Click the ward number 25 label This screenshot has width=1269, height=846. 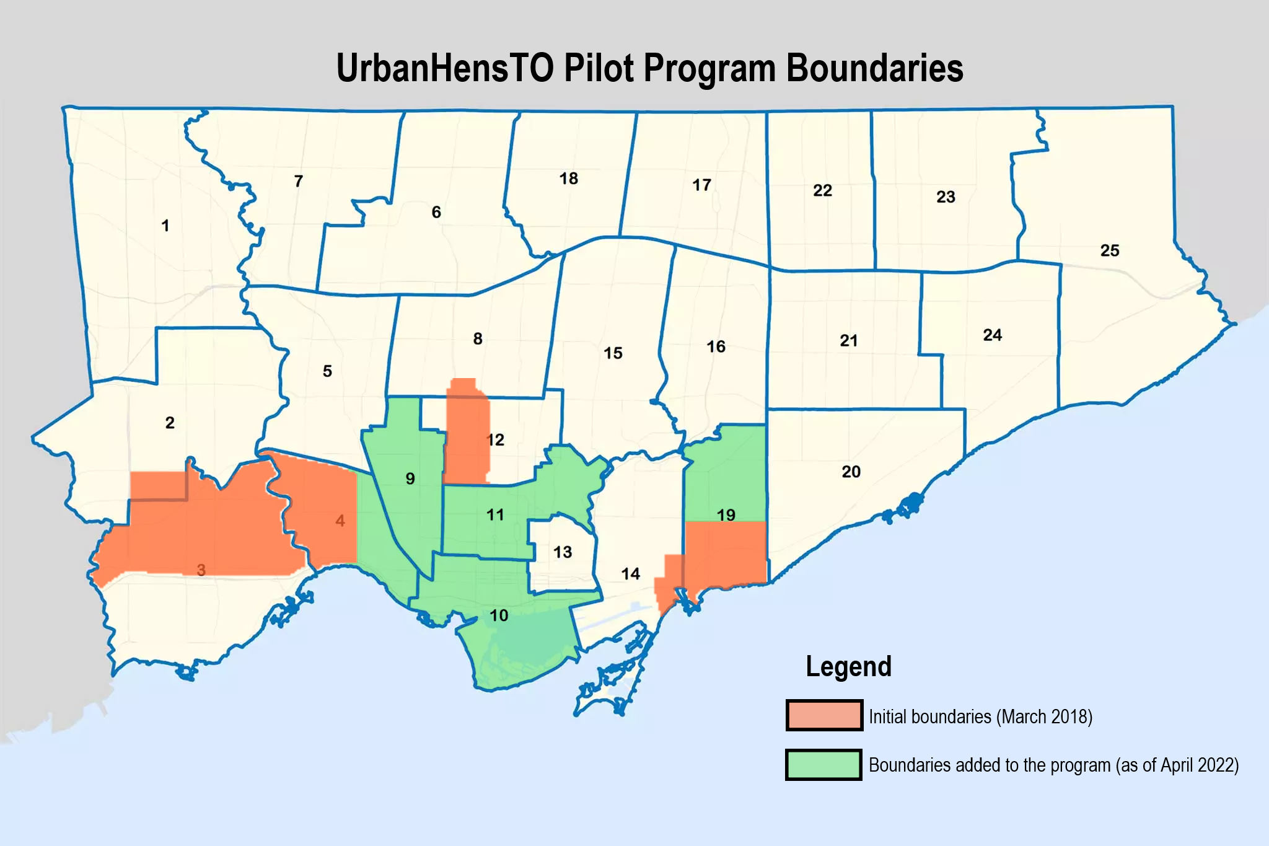[x=1110, y=250]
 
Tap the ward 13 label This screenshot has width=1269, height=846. [x=563, y=552]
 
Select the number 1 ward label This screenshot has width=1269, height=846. [x=165, y=226]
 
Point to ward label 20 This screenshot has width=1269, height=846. [x=851, y=472]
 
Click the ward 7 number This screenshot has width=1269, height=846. [x=299, y=181]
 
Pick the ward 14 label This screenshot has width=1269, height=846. [x=630, y=574]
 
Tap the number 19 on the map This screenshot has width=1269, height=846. [x=726, y=515]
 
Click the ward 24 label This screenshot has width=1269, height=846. [x=992, y=335]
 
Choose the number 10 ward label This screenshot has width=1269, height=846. [x=499, y=615]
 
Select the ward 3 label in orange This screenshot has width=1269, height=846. [x=201, y=570]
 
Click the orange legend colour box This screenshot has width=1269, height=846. [x=824, y=715]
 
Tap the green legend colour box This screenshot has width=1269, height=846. [x=824, y=765]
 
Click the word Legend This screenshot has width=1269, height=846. [x=848, y=667]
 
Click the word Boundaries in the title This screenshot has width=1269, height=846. [x=874, y=68]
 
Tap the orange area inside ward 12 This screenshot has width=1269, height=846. [x=466, y=434]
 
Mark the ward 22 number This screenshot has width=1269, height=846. [x=822, y=190]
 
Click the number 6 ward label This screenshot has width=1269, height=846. [x=436, y=213]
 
